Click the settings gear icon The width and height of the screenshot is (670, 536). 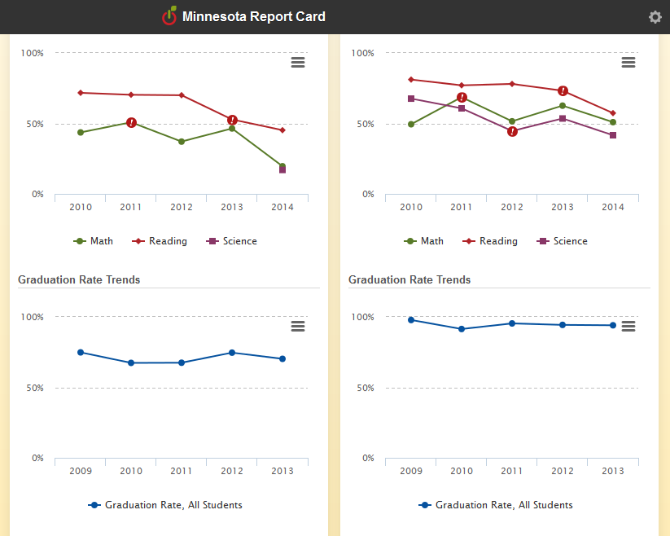click(x=655, y=17)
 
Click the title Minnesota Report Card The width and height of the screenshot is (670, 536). click(x=254, y=17)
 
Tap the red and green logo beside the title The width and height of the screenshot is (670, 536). click(x=169, y=16)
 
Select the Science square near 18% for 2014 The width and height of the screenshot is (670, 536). click(x=282, y=169)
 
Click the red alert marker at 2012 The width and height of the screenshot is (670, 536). click(x=512, y=131)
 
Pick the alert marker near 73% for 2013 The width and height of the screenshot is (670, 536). click(x=563, y=90)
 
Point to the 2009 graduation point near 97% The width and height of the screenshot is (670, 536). click(x=411, y=320)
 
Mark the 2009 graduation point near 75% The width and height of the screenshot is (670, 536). click(x=81, y=352)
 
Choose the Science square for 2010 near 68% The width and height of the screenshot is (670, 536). click(x=411, y=99)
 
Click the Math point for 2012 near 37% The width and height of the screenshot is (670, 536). click(x=182, y=142)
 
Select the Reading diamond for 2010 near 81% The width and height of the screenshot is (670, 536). click(x=411, y=80)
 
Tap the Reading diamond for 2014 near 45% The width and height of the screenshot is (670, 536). click(x=282, y=130)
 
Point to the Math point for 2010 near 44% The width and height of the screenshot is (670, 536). click(x=81, y=132)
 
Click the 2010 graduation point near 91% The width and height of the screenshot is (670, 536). click(x=462, y=329)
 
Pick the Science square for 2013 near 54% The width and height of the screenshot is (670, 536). click(x=563, y=118)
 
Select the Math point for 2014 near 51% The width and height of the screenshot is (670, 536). click(x=613, y=122)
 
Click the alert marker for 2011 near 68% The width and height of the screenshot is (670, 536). click(x=462, y=98)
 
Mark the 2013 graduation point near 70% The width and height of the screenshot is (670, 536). click(x=282, y=358)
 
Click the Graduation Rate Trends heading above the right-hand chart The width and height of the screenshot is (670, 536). click(x=409, y=279)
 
